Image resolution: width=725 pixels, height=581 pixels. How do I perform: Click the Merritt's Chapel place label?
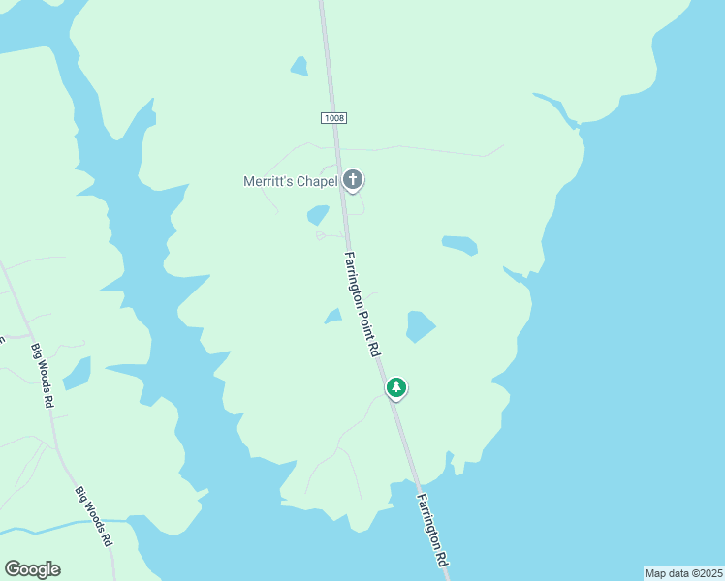290,181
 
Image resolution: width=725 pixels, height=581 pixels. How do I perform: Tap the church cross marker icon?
354,179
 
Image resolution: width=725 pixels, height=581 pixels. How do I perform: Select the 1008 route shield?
332,117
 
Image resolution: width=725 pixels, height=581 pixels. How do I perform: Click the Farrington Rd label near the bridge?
431,532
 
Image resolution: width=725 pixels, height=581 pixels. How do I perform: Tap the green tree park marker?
395,387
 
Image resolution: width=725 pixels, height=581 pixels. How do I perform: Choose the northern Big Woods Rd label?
41,375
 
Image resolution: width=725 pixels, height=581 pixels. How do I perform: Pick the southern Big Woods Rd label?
94,517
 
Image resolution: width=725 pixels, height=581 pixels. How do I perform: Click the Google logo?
32,569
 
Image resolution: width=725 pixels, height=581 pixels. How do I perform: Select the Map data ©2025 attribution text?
682,573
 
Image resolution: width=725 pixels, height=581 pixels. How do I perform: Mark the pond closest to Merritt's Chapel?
318,214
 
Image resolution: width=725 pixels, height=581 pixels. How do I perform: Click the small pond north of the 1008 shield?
299,66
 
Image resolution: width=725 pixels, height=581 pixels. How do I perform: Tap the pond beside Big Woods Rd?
77,372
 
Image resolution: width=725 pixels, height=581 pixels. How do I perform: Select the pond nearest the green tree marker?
420,326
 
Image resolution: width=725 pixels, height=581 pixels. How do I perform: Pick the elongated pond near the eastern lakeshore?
459,244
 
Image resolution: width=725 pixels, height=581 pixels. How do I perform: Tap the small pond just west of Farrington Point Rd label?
333,317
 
